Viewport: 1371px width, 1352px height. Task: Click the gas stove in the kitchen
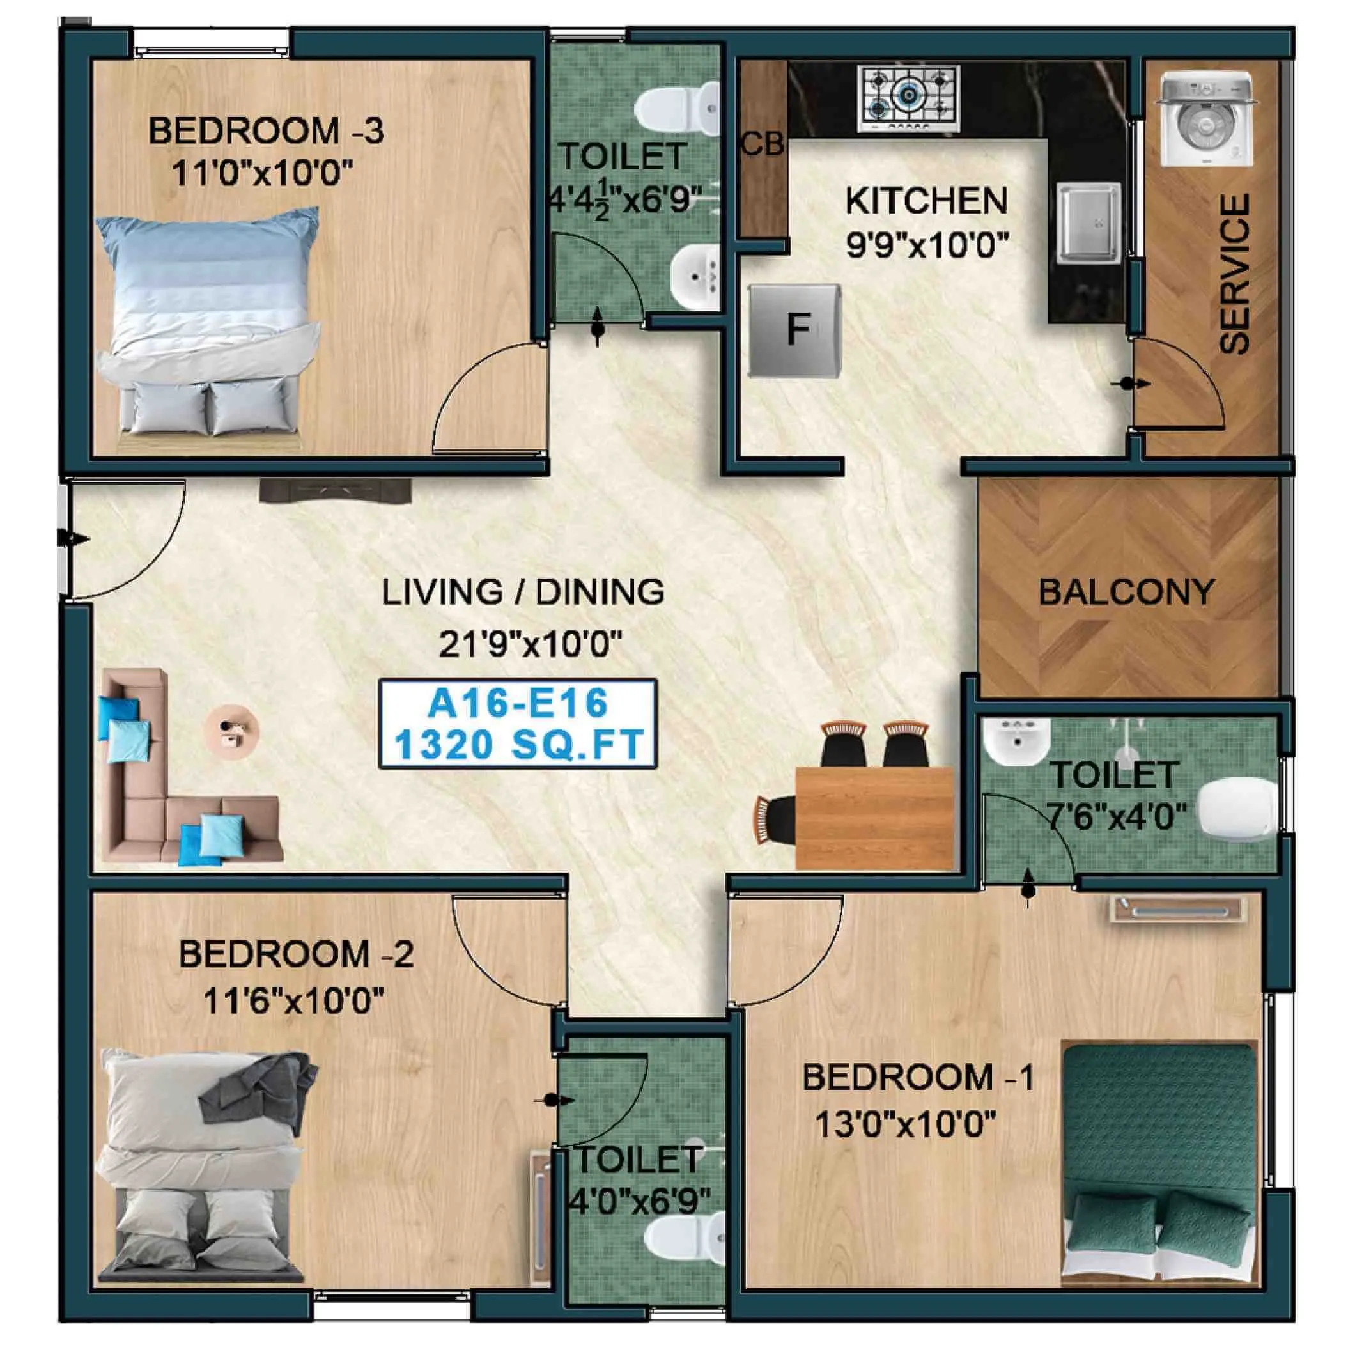pos(908,98)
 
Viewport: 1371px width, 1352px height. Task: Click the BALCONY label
pos(1127,592)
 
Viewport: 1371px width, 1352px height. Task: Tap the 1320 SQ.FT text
pos(518,745)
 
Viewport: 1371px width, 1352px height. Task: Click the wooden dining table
pos(874,816)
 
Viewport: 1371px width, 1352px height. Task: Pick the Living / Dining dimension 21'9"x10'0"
pos(529,645)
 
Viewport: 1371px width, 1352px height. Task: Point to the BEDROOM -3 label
pos(266,132)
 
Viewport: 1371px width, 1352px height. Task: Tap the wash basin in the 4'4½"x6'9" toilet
pos(695,277)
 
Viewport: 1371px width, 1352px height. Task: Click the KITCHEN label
pos(926,201)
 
